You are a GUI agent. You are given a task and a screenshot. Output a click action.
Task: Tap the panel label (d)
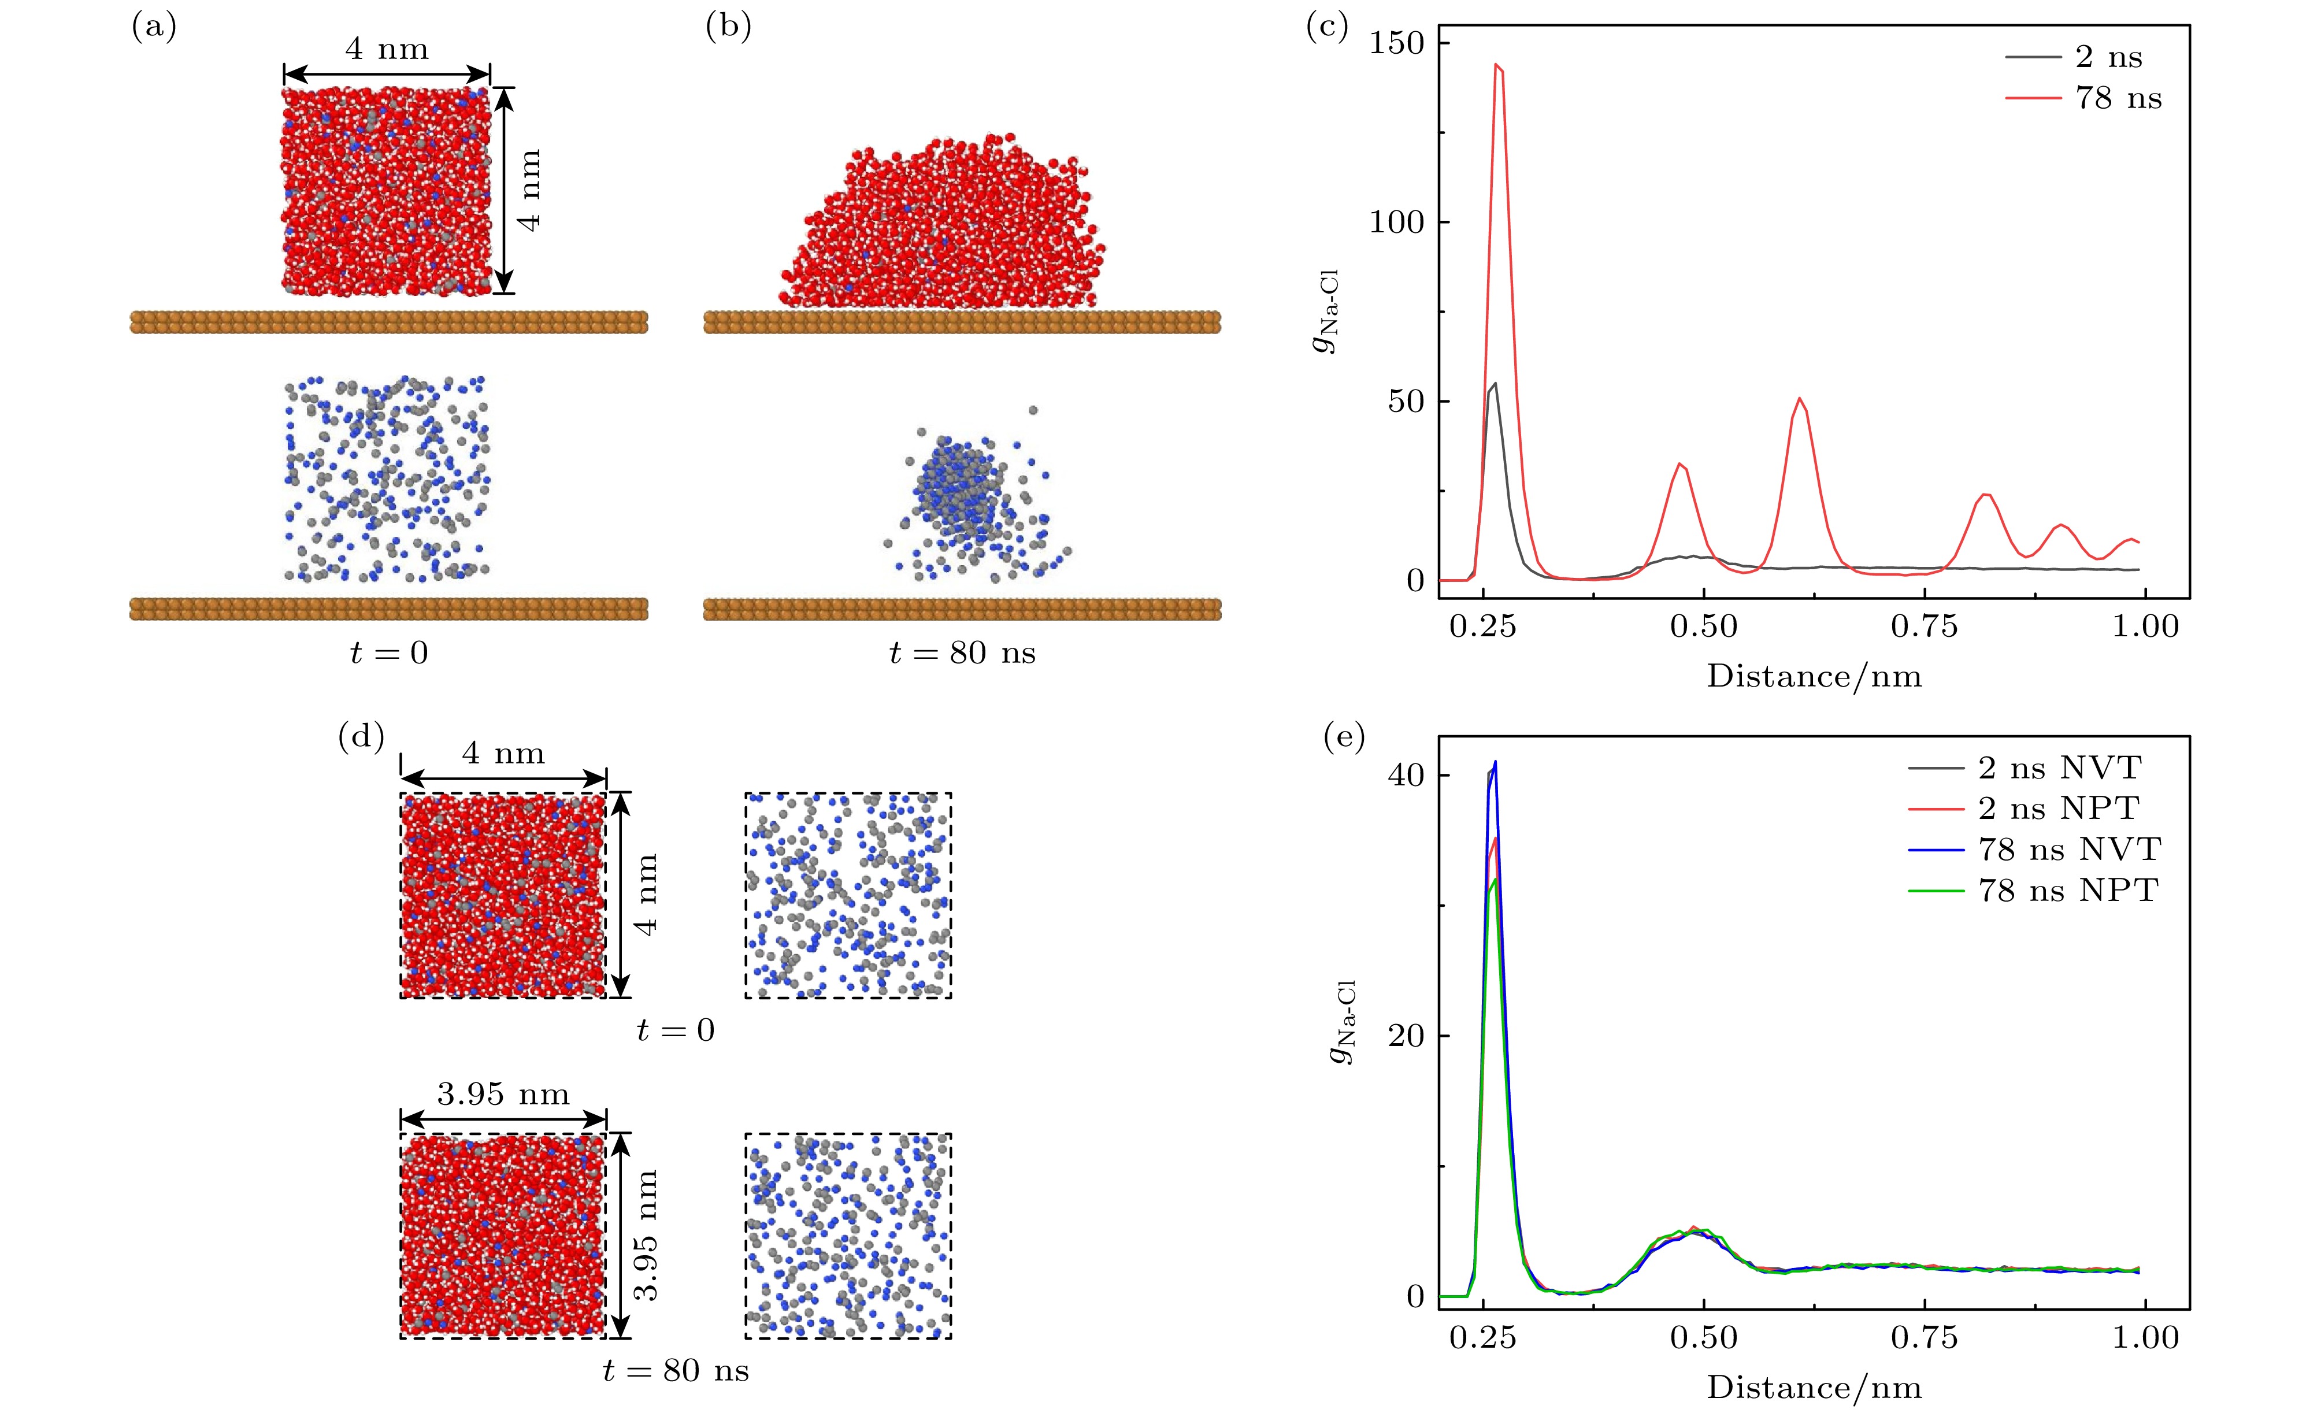(361, 737)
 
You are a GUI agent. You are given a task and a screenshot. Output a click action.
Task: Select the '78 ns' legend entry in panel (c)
(2118, 98)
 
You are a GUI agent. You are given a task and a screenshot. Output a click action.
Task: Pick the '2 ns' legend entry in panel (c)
(2108, 57)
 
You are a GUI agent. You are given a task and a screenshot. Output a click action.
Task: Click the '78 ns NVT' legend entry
(2068, 849)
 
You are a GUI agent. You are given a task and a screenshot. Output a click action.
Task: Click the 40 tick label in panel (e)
(1406, 775)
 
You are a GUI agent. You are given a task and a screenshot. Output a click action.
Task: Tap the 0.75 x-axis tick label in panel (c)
(1925, 626)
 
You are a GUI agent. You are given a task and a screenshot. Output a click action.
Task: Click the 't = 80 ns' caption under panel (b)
(962, 653)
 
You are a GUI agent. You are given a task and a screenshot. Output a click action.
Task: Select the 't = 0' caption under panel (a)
(388, 653)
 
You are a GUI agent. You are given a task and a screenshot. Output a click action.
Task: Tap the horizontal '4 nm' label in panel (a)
(386, 49)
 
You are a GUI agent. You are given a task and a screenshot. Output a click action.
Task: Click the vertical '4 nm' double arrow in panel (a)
(505, 190)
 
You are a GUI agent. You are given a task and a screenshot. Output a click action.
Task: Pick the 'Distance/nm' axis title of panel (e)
(1814, 1386)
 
